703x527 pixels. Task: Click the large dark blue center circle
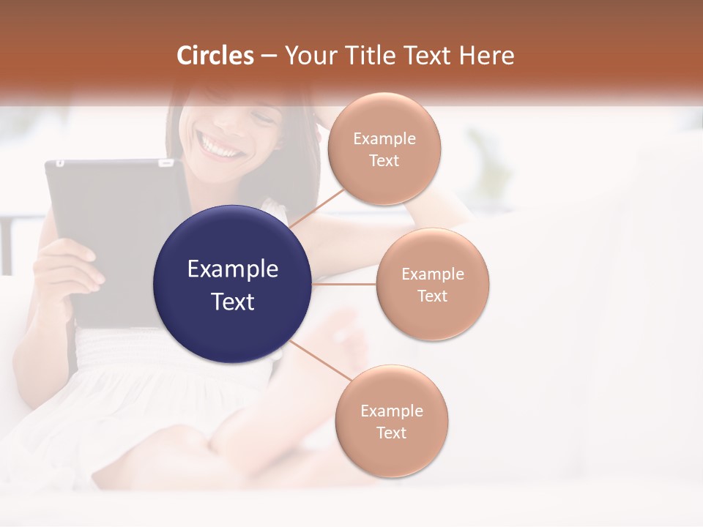click(233, 285)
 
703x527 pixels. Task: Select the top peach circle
click(384, 149)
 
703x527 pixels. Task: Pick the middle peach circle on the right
click(433, 284)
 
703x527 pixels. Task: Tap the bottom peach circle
click(392, 421)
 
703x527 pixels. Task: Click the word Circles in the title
click(215, 56)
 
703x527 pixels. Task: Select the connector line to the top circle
click(317, 209)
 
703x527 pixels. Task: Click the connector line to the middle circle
click(344, 284)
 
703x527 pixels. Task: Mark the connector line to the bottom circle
click(321, 360)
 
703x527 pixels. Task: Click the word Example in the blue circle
click(233, 269)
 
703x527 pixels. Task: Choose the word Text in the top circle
click(384, 161)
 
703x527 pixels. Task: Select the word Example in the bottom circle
click(392, 411)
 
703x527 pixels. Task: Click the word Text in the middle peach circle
click(433, 296)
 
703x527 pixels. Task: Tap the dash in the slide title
click(269, 56)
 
